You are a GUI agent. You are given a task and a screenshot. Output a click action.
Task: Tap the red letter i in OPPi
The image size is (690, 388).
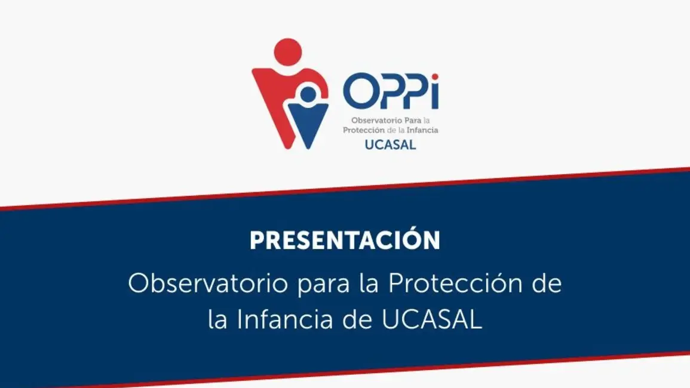tap(435, 91)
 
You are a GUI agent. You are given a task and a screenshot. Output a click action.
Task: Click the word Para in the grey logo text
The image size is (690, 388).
tap(413, 120)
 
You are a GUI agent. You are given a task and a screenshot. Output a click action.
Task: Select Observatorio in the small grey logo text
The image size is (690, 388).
tap(377, 120)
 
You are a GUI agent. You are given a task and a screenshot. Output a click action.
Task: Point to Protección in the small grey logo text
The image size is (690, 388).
tap(364, 130)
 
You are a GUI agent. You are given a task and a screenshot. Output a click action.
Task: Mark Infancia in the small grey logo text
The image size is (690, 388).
tap(422, 130)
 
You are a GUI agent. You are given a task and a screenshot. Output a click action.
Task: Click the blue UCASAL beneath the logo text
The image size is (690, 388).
tap(390, 144)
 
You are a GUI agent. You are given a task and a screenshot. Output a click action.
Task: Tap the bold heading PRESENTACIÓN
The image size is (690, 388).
tap(345, 240)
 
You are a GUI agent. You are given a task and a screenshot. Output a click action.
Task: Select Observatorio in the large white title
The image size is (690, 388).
tap(208, 284)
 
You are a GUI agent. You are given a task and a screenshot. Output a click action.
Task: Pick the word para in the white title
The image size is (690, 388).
tap(324, 286)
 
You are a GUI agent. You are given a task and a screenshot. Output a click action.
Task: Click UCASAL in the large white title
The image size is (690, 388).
tap(432, 319)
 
